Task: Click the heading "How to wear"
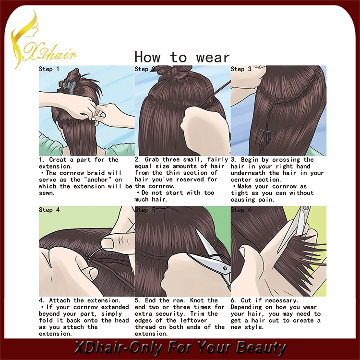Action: (182, 57)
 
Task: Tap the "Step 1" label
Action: (49, 69)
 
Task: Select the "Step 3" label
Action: (241, 69)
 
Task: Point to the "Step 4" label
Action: (49, 210)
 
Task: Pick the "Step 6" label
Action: (241, 210)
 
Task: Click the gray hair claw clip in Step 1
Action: (68, 86)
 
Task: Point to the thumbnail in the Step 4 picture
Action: (108, 243)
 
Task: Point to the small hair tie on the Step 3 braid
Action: (267, 131)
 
